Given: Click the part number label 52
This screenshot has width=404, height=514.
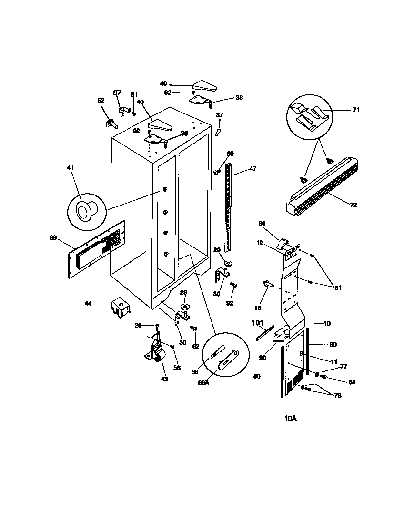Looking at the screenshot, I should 101,101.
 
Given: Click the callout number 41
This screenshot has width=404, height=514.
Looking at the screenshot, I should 71,168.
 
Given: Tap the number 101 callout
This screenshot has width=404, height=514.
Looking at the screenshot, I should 257,323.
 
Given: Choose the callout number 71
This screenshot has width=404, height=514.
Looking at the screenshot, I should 356,110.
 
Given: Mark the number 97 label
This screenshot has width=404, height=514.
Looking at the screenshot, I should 117,93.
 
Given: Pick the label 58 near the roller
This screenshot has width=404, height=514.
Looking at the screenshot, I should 177,368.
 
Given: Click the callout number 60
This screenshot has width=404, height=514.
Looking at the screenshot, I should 230,154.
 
